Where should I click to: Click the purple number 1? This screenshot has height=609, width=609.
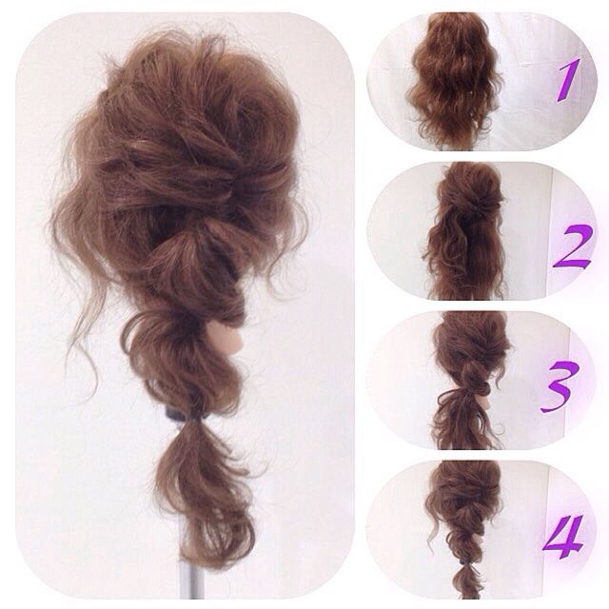click(568, 80)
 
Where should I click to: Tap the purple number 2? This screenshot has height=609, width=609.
click(573, 246)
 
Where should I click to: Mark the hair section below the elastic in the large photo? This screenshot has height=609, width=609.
click(202, 493)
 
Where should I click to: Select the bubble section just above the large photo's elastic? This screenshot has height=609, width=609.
click(183, 362)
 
